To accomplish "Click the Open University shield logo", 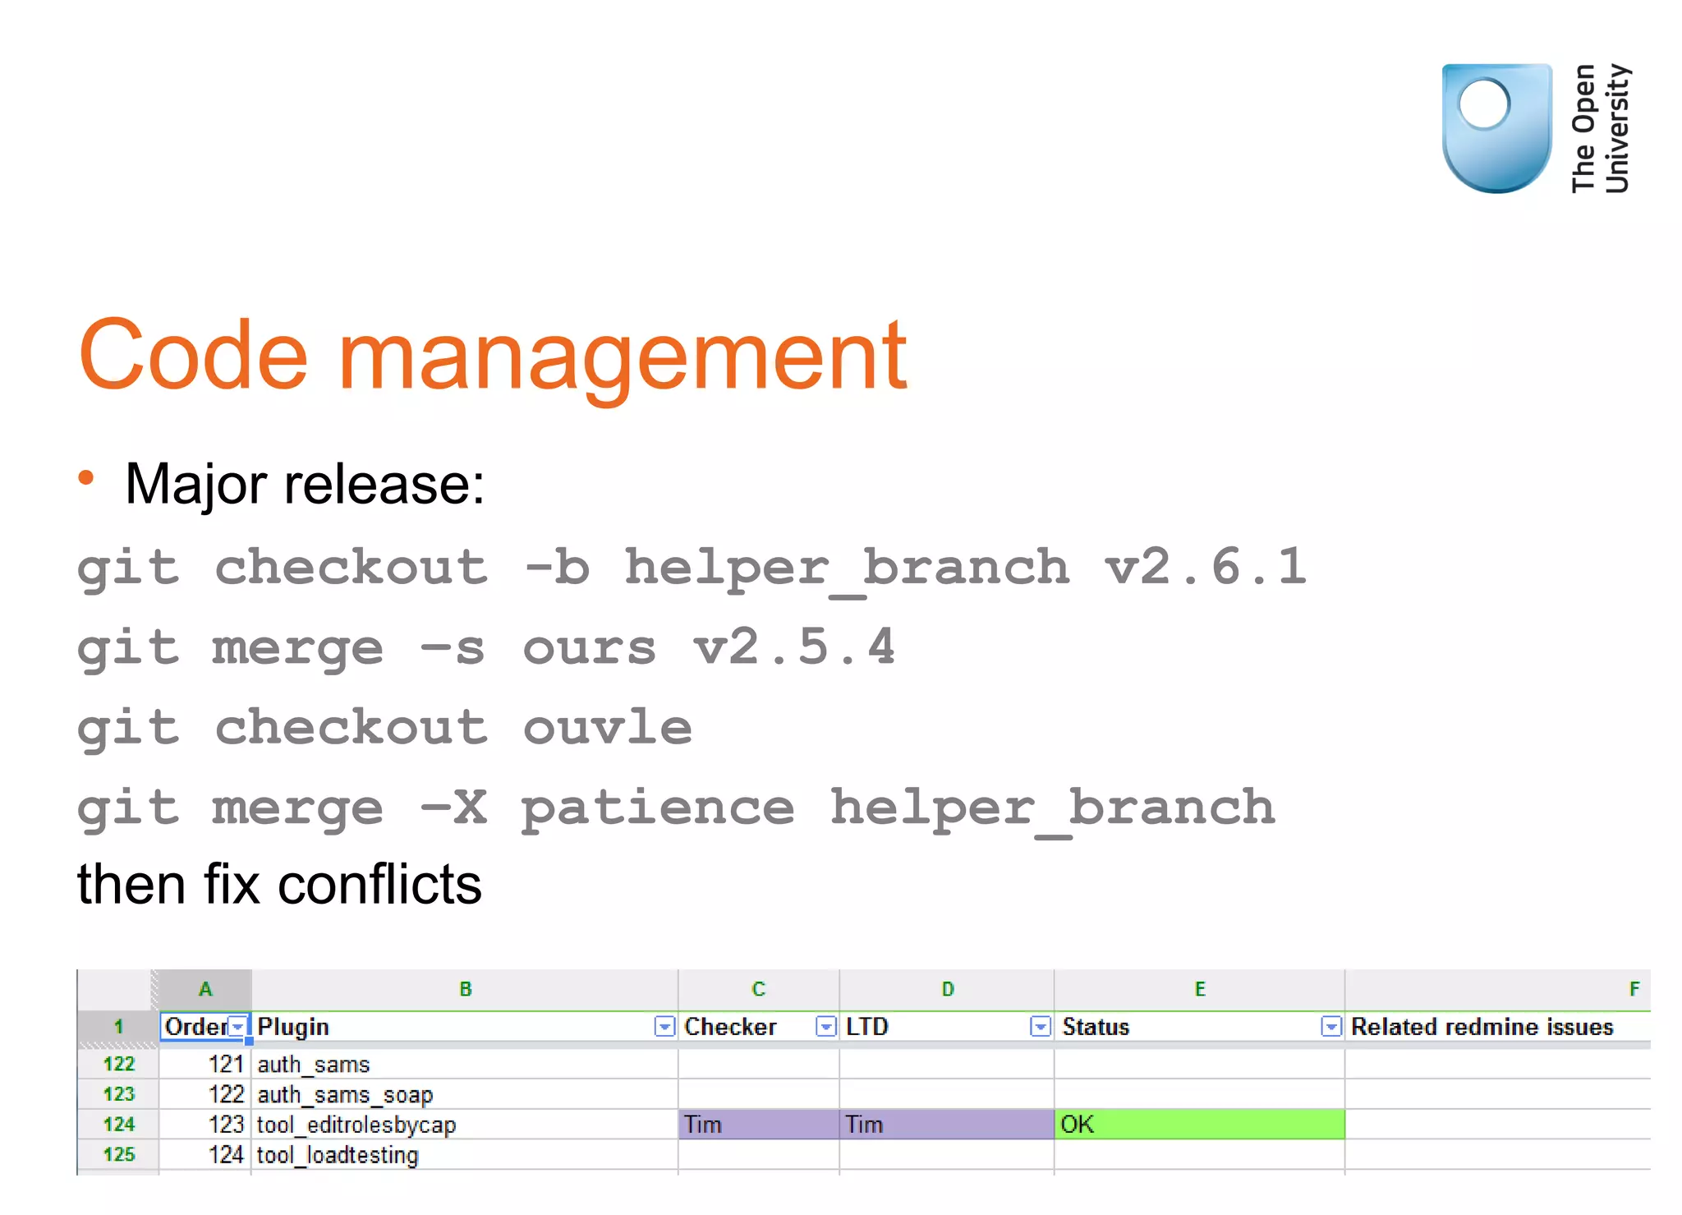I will click(x=1496, y=128).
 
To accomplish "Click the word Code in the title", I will click(x=193, y=355).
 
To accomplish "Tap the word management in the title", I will click(x=622, y=358).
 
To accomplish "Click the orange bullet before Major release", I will click(x=86, y=478).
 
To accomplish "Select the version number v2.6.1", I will click(x=1204, y=567).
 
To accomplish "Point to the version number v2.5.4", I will click(x=793, y=647).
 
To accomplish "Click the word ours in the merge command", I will click(x=589, y=647).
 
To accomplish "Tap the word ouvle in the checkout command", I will click(x=607, y=727).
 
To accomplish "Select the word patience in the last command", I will click(x=657, y=808).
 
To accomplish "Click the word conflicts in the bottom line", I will click(x=379, y=885).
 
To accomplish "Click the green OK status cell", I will click(x=1199, y=1124).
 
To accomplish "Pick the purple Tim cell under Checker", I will click(x=758, y=1124).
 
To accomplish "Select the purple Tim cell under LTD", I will click(x=946, y=1124).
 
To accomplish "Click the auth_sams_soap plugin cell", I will click(x=345, y=1094).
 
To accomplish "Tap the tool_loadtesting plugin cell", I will click(x=338, y=1155).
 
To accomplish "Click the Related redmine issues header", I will click(x=1482, y=1027).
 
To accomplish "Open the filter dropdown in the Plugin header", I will click(x=664, y=1026).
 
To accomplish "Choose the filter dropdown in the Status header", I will click(x=1330, y=1026).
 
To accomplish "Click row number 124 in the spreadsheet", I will click(x=119, y=1124).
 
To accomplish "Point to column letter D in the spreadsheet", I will click(x=947, y=989).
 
